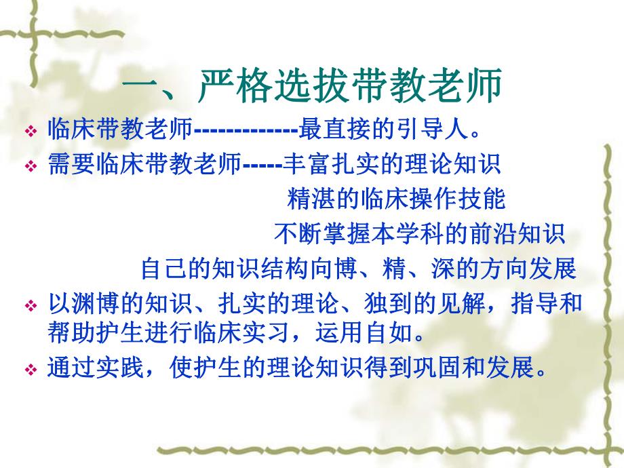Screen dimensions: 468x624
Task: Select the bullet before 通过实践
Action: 30,372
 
